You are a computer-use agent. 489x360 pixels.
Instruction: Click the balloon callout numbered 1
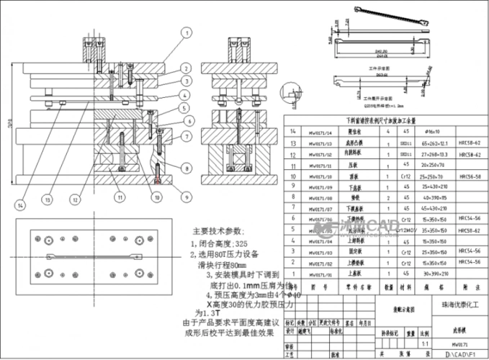(185, 32)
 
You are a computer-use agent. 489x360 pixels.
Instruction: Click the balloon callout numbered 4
(185, 95)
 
